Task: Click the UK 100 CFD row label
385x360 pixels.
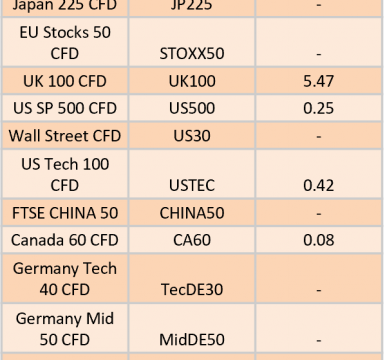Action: pyautogui.click(x=65, y=81)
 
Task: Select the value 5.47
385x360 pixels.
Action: pyautogui.click(x=318, y=81)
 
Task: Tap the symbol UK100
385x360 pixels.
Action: pyautogui.click(x=192, y=81)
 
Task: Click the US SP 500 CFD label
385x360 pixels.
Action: pyautogui.click(x=65, y=108)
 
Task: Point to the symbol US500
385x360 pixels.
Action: pyautogui.click(x=192, y=108)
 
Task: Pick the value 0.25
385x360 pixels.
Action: pyautogui.click(x=318, y=108)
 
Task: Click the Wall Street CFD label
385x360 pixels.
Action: pyautogui.click(x=65, y=136)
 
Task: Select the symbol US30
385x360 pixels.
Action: pyautogui.click(x=192, y=136)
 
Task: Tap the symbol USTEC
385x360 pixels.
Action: pyautogui.click(x=192, y=185)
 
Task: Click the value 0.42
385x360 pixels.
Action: pyautogui.click(x=318, y=185)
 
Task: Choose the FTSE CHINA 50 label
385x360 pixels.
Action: pyautogui.click(x=65, y=213)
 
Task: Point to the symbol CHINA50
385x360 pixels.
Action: pyautogui.click(x=192, y=213)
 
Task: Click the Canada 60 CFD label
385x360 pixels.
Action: pyautogui.click(x=65, y=240)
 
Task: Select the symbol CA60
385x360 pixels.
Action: pyautogui.click(x=192, y=240)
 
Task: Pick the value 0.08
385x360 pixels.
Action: pyautogui.click(x=318, y=240)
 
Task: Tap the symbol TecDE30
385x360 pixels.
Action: pyautogui.click(x=192, y=289)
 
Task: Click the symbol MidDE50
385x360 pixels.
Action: pyautogui.click(x=192, y=340)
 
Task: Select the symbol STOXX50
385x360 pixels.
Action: pyautogui.click(x=192, y=53)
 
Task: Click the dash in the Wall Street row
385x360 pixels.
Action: pyautogui.click(x=319, y=136)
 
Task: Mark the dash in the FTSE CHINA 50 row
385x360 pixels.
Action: pyautogui.click(x=319, y=213)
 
